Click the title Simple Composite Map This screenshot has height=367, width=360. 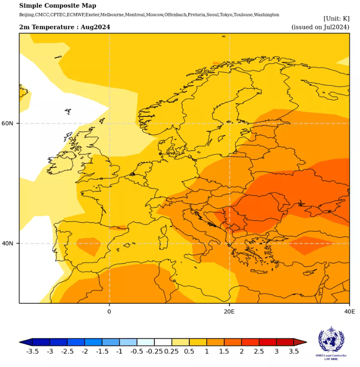tap(57, 6)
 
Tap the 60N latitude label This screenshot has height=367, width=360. tap(13, 123)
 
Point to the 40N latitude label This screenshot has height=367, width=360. tap(13, 243)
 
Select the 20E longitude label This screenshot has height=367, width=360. tap(229, 311)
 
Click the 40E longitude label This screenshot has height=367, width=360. tap(349, 311)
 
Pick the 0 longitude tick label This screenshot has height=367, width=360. tap(109, 311)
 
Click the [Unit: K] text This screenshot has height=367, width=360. tap(336, 18)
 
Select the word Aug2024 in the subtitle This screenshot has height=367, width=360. tap(96, 27)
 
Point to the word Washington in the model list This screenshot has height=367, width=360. tap(265, 15)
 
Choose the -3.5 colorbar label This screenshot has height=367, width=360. tap(33, 351)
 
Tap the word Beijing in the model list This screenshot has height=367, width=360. tap(27, 15)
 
